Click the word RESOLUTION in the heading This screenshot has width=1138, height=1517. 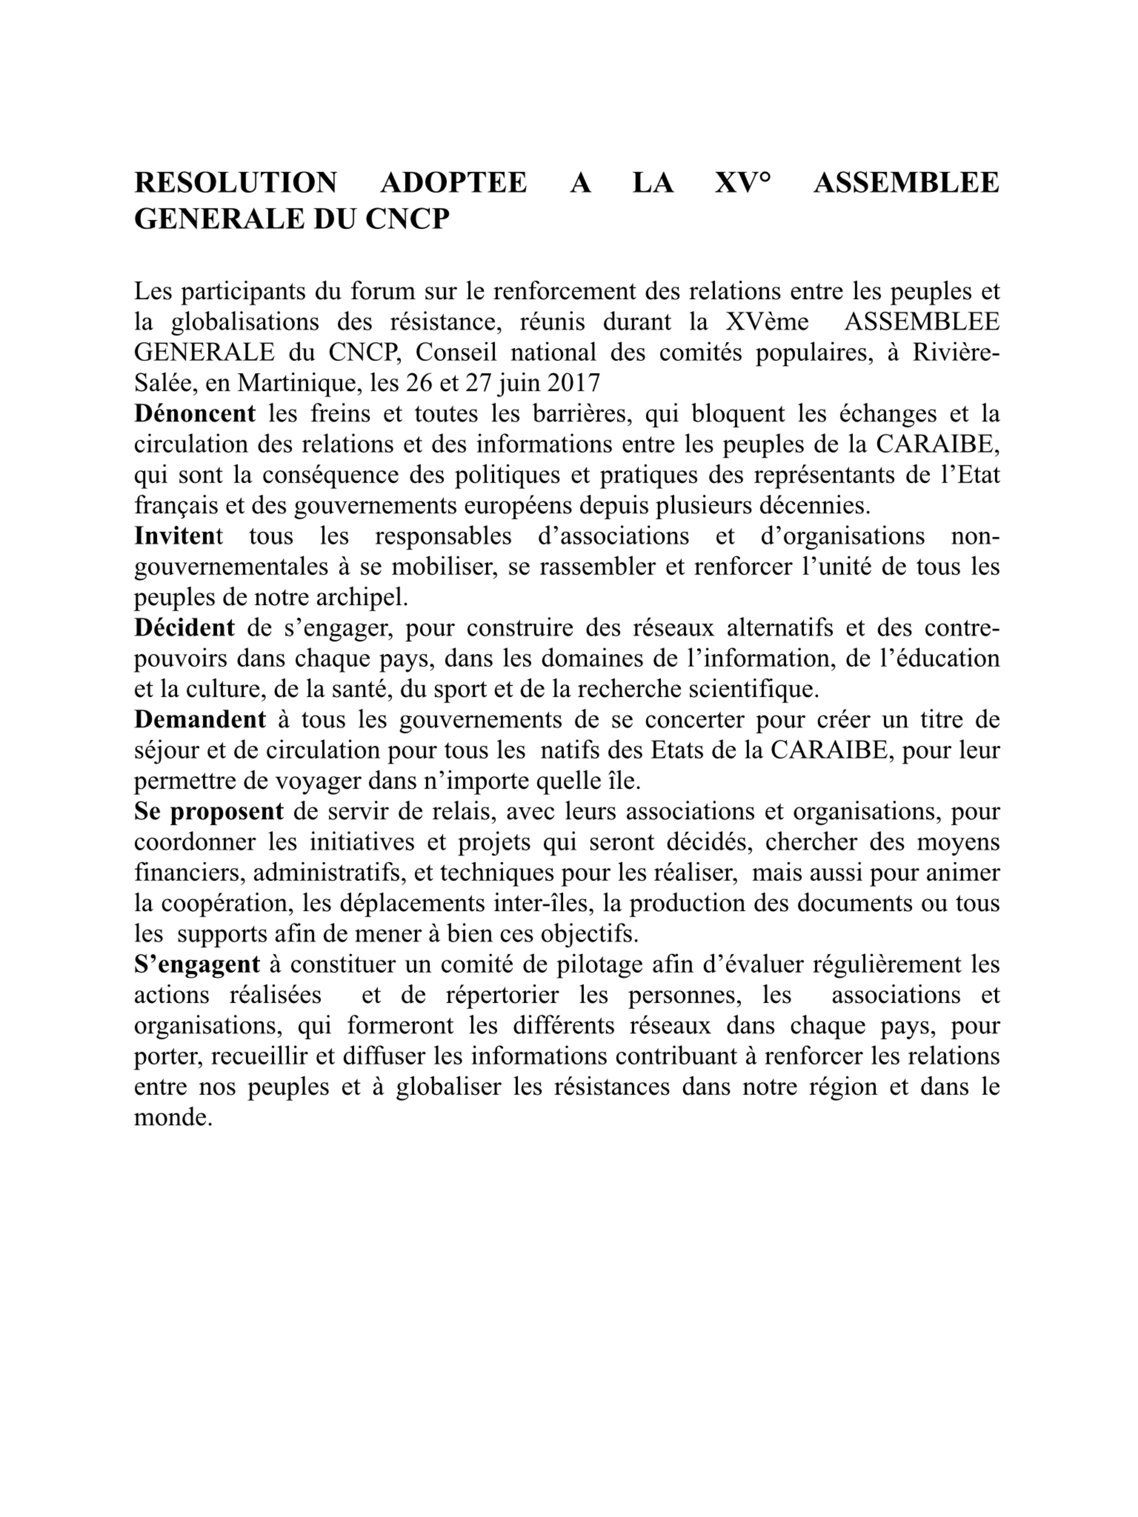(x=235, y=183)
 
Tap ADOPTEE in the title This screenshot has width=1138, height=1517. (x=454, y=183)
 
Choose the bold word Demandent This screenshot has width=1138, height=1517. (x=200, y=719)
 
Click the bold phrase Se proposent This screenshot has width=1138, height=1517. (x=208, y=812)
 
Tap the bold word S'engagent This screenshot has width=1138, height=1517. (x=197, y=964)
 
